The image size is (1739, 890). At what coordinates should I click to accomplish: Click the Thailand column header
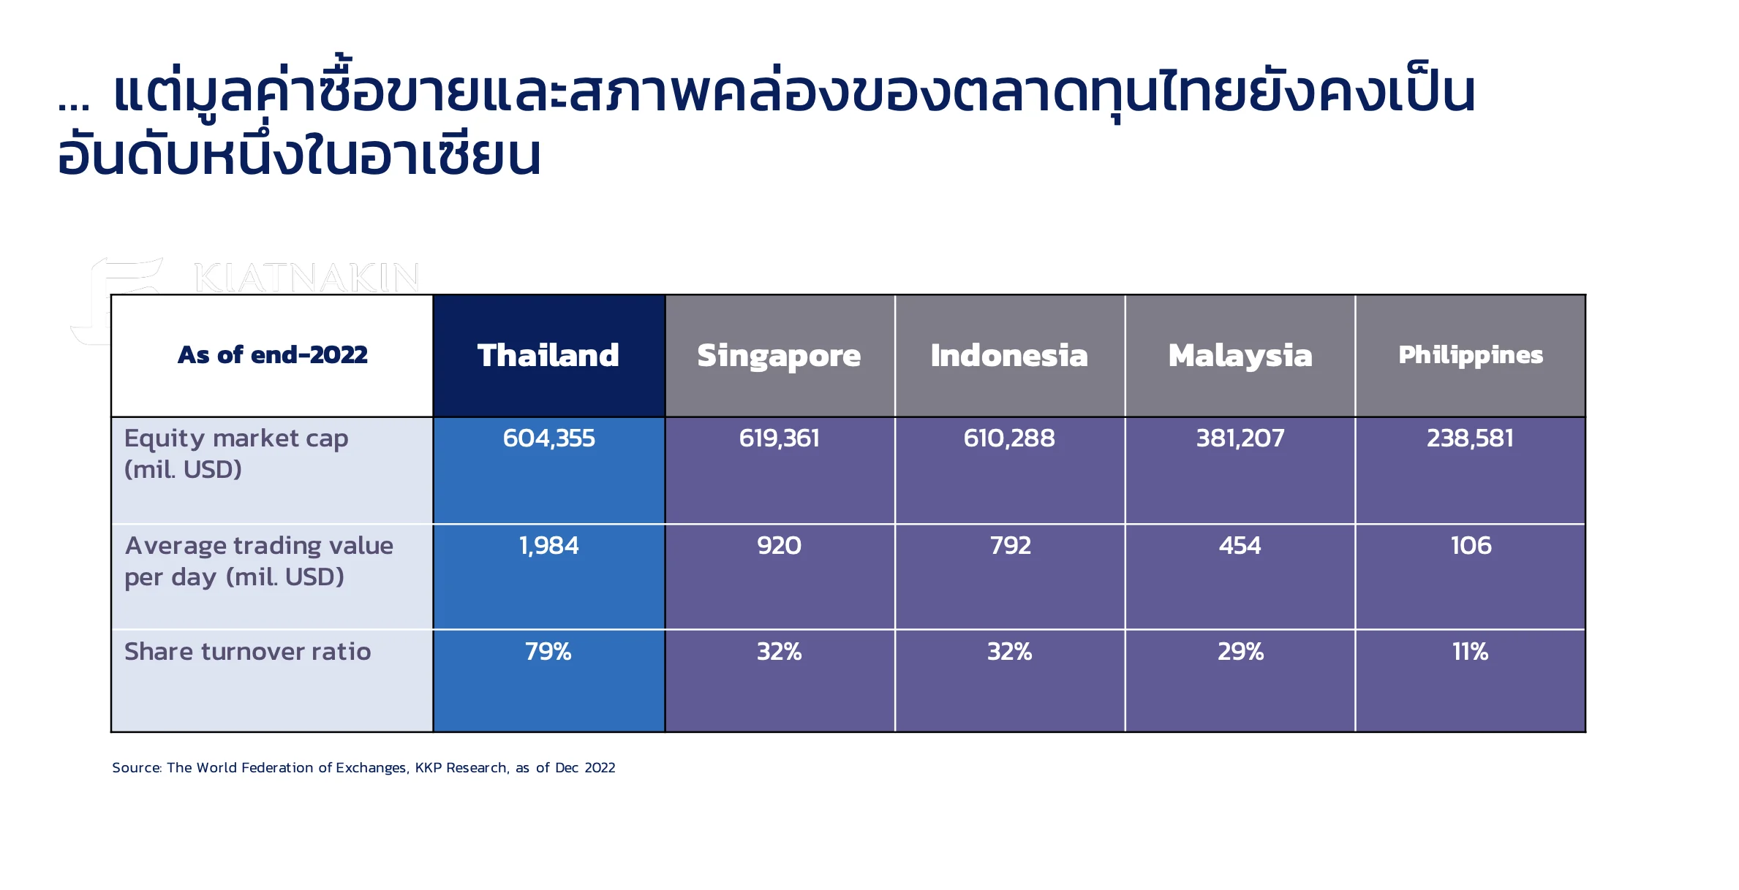click(x=548, y=356)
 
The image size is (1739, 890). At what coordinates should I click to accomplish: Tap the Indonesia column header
click(x=1009, y=356)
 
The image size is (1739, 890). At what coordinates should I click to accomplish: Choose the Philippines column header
click(x=1471, y=356)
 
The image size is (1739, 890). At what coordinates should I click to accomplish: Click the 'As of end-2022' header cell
click(x=272, y=355)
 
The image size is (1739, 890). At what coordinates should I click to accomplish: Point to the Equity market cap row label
click(x=236, y=454)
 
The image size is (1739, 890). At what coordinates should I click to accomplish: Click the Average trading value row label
click(x=259, y=561)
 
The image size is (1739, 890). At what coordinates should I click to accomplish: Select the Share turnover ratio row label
click(x=247, y=652)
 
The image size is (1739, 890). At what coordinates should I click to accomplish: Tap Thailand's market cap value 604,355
click(x=548, y=438)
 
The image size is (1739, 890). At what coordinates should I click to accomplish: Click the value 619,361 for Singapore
click(x=779, y=438)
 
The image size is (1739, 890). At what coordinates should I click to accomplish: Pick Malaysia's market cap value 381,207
click(x=1240, y=438)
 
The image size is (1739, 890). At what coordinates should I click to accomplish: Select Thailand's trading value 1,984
click(x=548, y=546)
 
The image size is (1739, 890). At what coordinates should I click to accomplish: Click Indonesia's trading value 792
click(x=1010, y=546)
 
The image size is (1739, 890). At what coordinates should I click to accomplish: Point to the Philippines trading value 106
click(x=1471, y=546)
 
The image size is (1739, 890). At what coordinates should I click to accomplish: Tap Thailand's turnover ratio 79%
click(x=548, y=652)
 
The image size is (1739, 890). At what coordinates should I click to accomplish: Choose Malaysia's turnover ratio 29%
click(x=1240, y=652)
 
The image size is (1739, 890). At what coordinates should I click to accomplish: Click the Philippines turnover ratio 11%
click(x=1471, y=652)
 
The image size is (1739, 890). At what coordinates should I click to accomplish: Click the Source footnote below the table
click(x=363, y=768)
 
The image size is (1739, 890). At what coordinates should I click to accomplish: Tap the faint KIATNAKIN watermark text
click(x=306, y=278)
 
